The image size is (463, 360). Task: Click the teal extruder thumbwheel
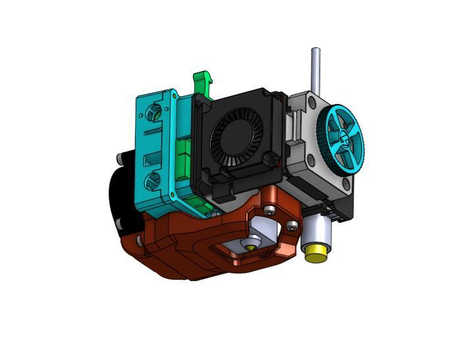click(342, 140)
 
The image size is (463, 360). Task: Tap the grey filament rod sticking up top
click(316, 69)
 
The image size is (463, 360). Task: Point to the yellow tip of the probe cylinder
click(315, 253)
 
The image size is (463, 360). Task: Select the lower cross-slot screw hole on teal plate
click(155, 178)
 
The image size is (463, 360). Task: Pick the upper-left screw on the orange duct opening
click(270, 211)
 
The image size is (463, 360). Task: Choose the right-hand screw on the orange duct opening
click(291, 226)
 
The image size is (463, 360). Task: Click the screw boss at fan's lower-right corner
click(269, 159)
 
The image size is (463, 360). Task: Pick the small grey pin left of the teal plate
click(120, 158)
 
